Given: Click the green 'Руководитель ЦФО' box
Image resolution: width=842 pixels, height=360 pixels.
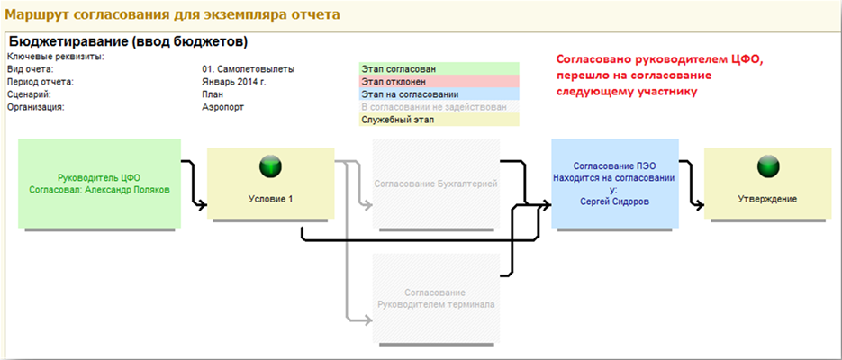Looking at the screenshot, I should click(x=99, y=184).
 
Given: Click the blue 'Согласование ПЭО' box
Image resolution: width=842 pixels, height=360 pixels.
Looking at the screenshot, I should click(x=614, y=184).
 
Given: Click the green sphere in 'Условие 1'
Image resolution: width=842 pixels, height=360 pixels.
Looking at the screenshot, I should click(x=270, y=166).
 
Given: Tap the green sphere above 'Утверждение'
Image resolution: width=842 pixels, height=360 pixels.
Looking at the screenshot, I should click(x=767, y=166).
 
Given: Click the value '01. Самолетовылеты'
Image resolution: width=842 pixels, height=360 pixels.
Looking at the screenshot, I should click(x=249, y=68).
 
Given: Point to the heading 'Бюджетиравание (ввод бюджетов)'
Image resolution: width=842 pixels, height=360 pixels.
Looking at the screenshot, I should click(x=127, y=41).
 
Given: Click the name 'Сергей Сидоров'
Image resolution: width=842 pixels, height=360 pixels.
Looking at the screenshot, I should click(x=614, y=202).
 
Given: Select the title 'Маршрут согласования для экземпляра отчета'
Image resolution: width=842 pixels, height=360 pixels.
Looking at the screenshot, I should click(x=173, y=14).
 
